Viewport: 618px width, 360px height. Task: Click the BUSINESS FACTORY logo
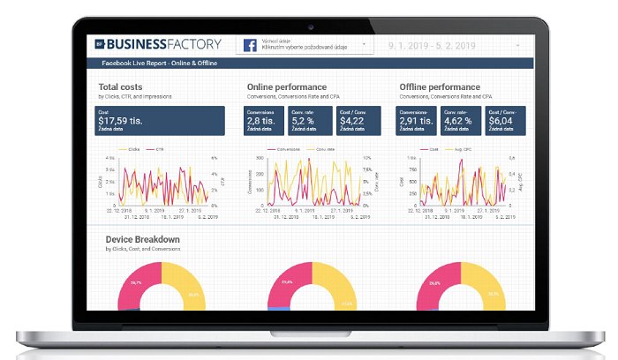coord(156,43)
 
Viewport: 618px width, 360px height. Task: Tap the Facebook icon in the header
coord(249,44)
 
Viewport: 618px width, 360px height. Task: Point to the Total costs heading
coord(122,86)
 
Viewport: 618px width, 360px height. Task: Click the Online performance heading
coord(286,86)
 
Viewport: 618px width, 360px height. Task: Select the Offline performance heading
coord(440,86)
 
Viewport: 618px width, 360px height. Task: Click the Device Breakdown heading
coord(142,239)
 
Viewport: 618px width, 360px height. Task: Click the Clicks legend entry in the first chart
coord(133,149)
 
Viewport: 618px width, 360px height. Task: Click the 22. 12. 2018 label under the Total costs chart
coord(117,212)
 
